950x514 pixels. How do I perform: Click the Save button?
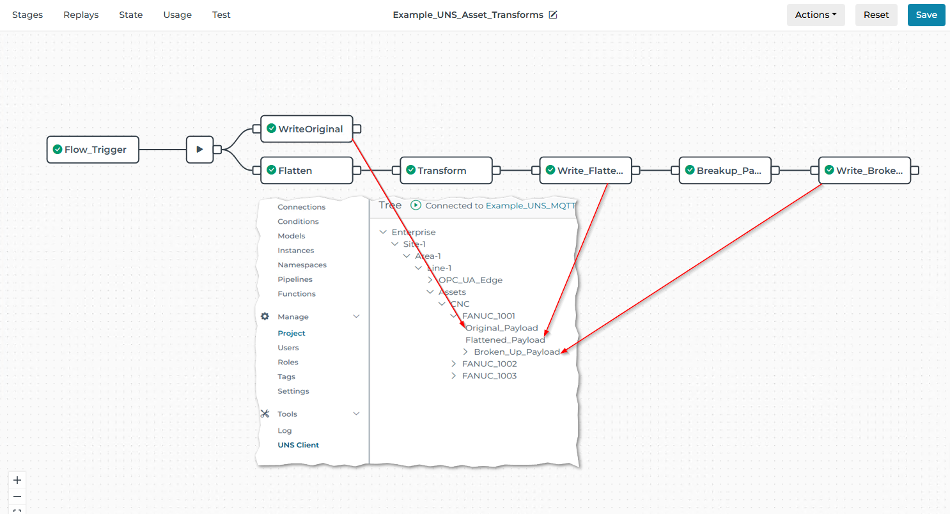pos(926,15)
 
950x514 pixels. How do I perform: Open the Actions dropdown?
pos(816,15)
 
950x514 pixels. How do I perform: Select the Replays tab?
pos(81,15)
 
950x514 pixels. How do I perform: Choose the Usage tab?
pos(177,15)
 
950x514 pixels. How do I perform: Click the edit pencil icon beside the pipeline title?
pos(553,15)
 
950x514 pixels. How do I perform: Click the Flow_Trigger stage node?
pos(93,150)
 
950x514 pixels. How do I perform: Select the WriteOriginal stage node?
pos(307,128)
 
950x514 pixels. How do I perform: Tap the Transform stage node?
pos(446,170)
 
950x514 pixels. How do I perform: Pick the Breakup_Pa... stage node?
pos(725,170)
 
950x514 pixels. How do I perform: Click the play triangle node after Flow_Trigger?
pos(199,150)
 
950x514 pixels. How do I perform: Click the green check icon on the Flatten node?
pos(272,170)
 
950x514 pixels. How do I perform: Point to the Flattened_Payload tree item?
pos(505,339)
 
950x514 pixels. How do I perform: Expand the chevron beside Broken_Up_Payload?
pos(465,352)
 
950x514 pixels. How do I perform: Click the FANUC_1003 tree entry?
pos(490,376)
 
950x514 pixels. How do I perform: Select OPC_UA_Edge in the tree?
pos(471,280)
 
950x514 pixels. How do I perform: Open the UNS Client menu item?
pos(298,445)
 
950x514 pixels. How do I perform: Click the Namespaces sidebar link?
pos(302,265)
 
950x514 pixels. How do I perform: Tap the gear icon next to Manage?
pos(265,316)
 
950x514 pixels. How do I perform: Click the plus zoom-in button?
pos(17,480)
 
